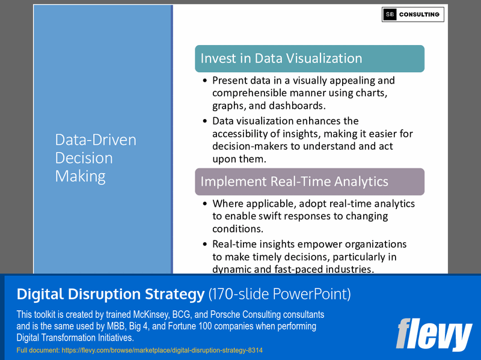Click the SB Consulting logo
(412, 14)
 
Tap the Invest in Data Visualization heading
(281, 58)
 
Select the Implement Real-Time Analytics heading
(294, 182)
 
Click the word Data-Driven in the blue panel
(96, 140)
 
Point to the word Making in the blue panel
(81, 176)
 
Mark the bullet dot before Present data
(206, 81)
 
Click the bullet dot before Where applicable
(206, 204)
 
